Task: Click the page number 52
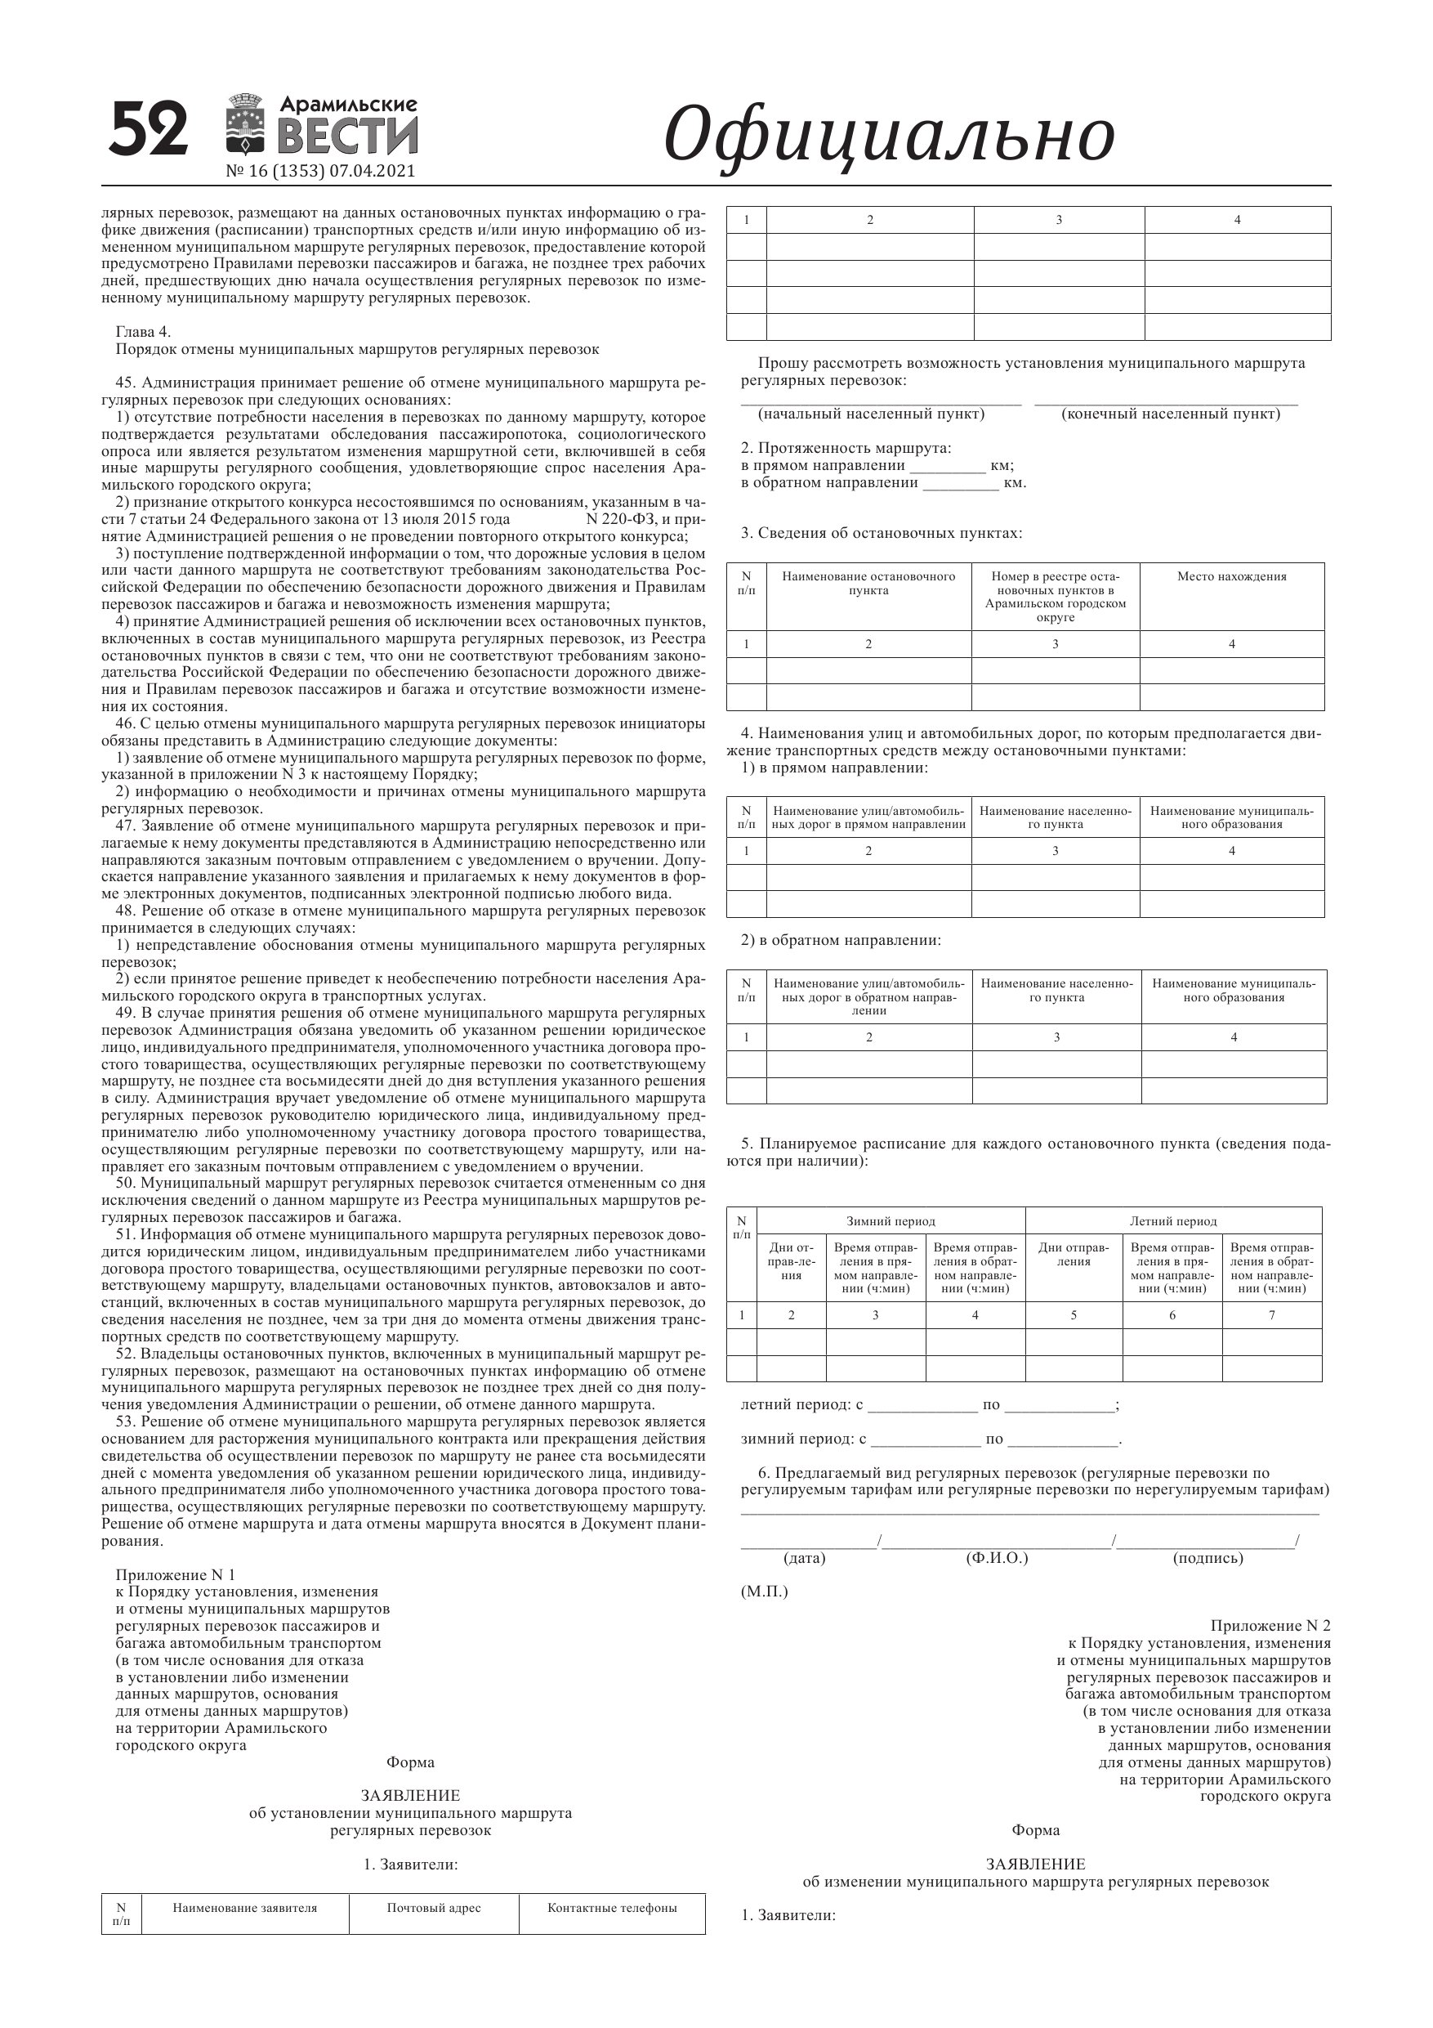[x=149, y=129]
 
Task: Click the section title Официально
[x=888, y=135]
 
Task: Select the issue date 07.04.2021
[x=372, y=172]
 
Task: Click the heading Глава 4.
[x=143, y=332]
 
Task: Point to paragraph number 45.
[x=123, y=383]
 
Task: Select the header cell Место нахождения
[x=1231, y=577]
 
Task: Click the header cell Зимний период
[x=890, y=1221]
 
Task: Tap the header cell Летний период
[x=1172, y=1221]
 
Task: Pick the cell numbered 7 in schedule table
[x=1271, y=1315]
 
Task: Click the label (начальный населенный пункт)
[x=871, y=414]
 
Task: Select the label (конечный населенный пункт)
[x=1170, y=414]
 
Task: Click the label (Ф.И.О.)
[x=997, y=1558]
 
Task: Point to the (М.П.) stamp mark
[x=764, y=1592]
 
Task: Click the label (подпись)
[x=1207, y=1558]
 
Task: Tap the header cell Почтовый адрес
[x=434, y=1908]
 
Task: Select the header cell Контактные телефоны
[x=612, y=1908]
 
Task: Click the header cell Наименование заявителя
[x=244, y=1908]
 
